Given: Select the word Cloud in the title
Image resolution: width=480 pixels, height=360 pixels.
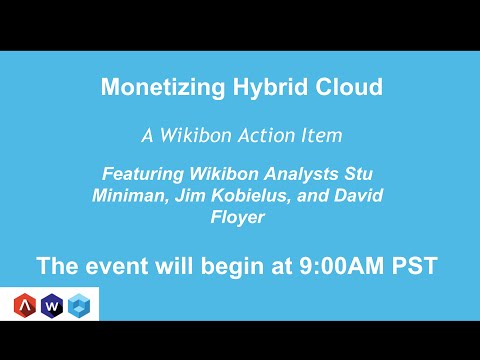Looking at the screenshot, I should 344,88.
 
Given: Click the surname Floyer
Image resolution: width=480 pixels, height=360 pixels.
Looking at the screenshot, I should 240,216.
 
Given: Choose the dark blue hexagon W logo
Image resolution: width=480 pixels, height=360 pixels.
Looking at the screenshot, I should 52,305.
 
